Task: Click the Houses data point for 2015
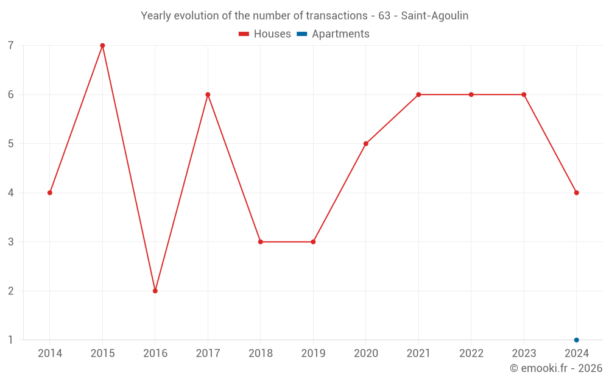[x=102, y=46]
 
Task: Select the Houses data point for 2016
[x=155, y=291]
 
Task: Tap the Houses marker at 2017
[x=208, y=94]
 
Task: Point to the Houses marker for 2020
[x=366, y=144]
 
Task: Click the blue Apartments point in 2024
[x=576, y=340]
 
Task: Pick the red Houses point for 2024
[x=576, y=193]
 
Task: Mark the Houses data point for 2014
[x=50, y=193]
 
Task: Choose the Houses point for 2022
[x=471, y=94]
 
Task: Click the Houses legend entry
[x=265, y=34]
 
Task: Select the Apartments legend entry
[x=334, y=34]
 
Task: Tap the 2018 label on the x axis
[x=261, y=354]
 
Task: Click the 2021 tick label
[x=418, y=354]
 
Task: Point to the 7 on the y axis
[x=11, y=46]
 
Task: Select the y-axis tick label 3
[x=11, y=242]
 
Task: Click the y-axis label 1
[x=11, y=340]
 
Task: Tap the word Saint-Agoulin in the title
[x=435, y=16]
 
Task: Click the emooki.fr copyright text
[x=555, y=368]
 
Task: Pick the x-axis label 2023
[x=524, y=354]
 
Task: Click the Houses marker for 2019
[x=313, y=242]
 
